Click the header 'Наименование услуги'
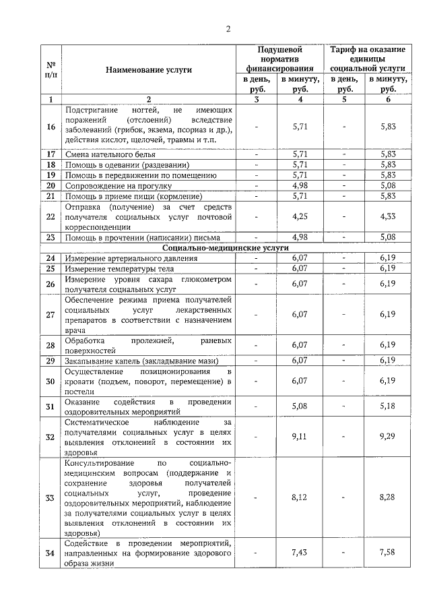coord(149,69)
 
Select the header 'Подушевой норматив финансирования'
coord(279,59)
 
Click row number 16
coord(51,126)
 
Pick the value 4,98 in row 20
coord(300,185)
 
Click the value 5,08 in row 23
coord(387,237)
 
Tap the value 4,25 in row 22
coord(300,216)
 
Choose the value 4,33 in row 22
coord(387,216)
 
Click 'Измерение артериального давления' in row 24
coord(131,258)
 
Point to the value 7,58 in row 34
coord(387,553)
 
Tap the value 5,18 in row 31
coord(387,406)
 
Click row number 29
coord(51,361)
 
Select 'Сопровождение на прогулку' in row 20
coord(116,185)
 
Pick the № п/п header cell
coord(51,69)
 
